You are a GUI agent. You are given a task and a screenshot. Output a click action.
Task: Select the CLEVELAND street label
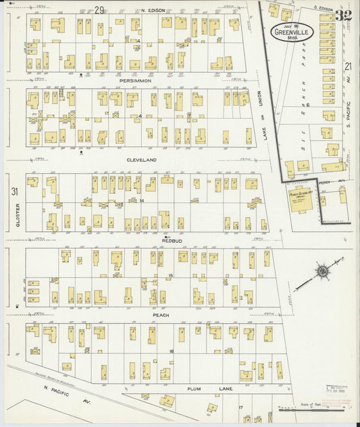142,159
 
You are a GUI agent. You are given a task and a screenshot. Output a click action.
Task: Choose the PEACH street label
160,315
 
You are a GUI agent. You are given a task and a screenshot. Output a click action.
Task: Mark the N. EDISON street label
153,10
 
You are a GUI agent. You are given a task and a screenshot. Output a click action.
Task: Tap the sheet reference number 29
99,9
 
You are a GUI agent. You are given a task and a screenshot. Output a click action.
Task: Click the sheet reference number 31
14,192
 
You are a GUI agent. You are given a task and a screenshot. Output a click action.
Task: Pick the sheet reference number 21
347,66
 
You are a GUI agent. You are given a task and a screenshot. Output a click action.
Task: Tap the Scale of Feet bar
314,407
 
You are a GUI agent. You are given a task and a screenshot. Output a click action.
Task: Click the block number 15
172,275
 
